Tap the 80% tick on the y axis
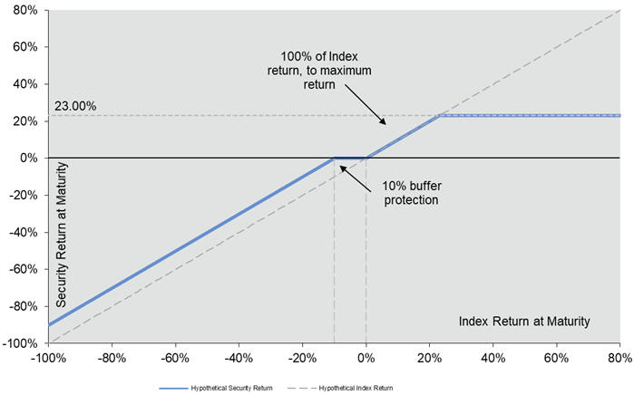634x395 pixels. pos(23,10)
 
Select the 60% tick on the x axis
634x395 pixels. pos(557,356)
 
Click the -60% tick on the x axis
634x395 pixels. pos(174,356)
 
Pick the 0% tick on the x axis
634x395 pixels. pos(366,356)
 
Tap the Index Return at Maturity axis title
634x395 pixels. pos(524,321)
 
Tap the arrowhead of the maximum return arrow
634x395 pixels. pos(385,120)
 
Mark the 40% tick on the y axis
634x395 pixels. pos(23,84)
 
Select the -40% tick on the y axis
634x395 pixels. pos(21,232)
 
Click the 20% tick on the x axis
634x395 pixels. pos(429,356)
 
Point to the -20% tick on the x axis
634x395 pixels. pos(302,356)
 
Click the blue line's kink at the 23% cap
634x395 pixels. pos(439,116)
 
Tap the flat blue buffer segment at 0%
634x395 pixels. pos(350,158)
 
